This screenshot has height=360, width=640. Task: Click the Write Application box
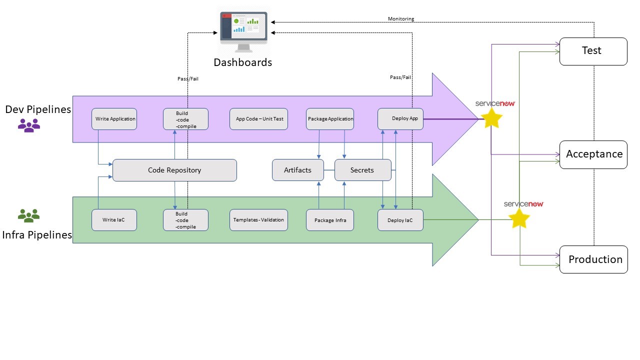115,119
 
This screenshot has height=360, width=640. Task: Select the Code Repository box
174,170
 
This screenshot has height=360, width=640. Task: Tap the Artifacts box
297,170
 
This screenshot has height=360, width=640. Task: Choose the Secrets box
362,170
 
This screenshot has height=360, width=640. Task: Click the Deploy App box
400,119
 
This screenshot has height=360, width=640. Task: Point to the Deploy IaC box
400,220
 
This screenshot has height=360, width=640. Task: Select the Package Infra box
330,220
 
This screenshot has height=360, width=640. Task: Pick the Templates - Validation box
258,220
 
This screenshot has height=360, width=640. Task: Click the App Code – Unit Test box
258,119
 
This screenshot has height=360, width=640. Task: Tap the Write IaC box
114,220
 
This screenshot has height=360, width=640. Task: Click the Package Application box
330,119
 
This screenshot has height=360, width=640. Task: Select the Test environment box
593,51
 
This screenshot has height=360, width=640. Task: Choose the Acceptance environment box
593,154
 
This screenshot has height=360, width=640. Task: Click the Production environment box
593,259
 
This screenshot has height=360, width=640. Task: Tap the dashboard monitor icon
243,31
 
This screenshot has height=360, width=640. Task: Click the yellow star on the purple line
491,118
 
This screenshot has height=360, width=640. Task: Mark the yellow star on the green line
519,218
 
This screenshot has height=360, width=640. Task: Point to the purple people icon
29,125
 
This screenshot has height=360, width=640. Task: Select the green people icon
29,215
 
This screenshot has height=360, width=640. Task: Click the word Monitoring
401,19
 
